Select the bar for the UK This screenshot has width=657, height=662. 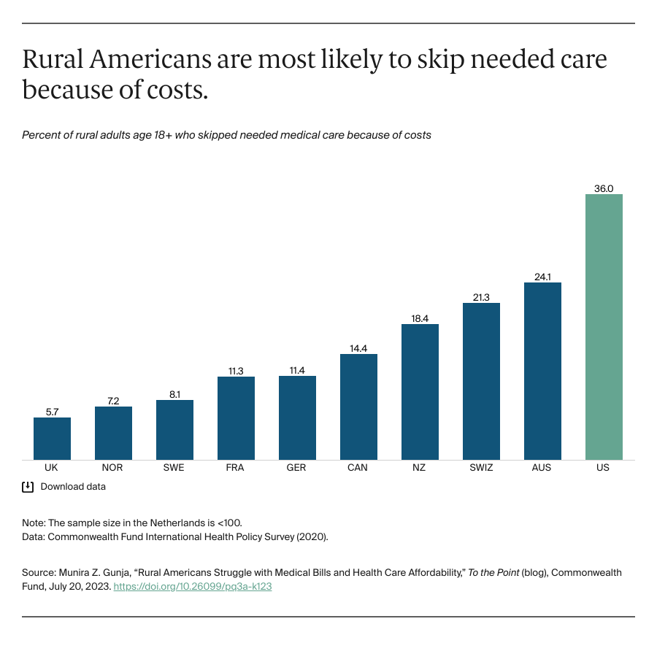click(x=52, y=439)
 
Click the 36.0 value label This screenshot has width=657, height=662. click(x=604, y=188)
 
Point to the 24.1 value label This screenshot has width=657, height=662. click(x=542, y=277)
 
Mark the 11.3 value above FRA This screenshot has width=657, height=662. click(x=236, y=371)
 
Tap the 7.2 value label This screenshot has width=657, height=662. click(x=113, y=401)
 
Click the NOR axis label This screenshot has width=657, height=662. click(x=113, y=467)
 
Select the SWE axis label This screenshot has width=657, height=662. click(x=174, y=467)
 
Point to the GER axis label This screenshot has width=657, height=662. click(x=297, y=467)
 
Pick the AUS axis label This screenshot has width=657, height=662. click(x=542, y=467)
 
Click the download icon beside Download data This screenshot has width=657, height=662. click(x=28, y=486)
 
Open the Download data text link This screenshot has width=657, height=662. click(x=73, y=486)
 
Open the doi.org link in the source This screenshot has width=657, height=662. click(x=193, y=586)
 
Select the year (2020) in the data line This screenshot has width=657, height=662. click(x=314, y=536)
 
